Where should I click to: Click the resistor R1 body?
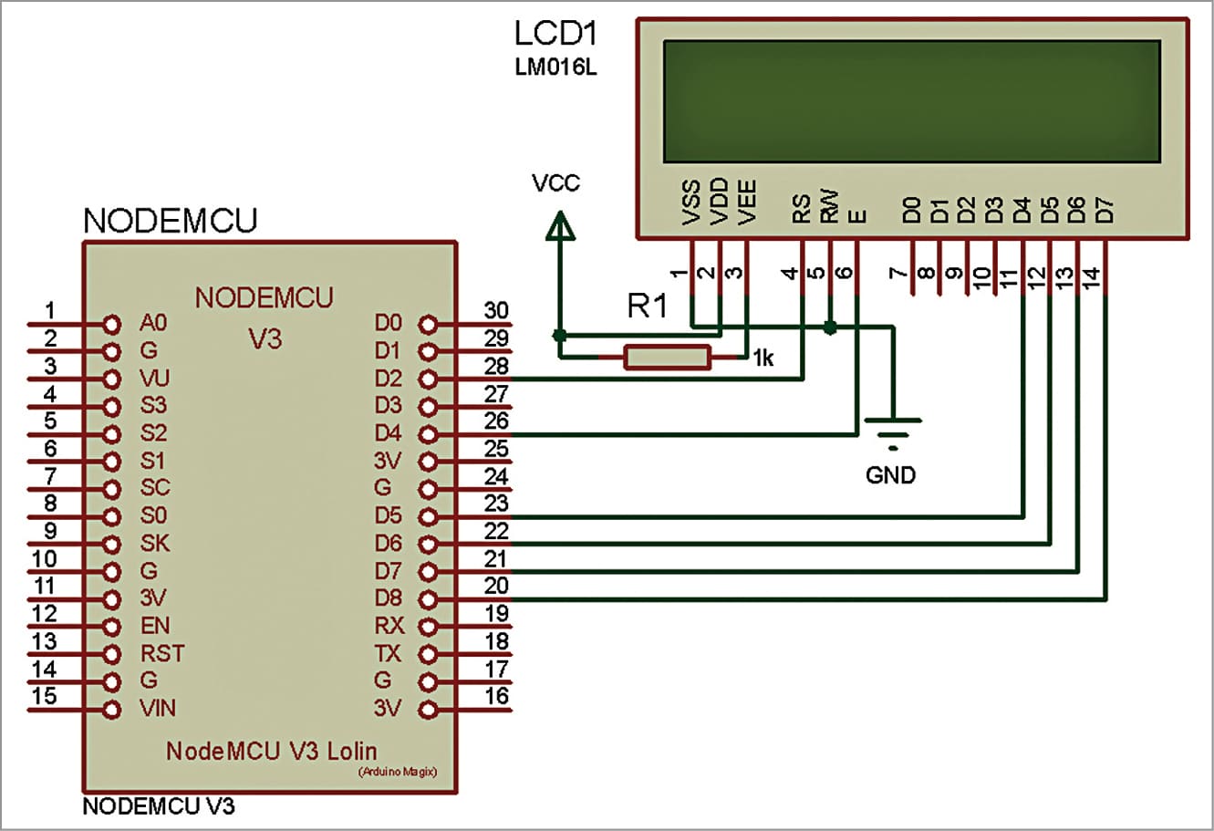coord(667,358)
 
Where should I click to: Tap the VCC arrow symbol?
coord(560,225)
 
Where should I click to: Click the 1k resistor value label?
coord(763,358)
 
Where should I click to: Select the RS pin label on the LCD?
coord(801,213)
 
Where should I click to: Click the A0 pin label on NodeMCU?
coord(153,323)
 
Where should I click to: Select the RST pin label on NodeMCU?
coord(162,653)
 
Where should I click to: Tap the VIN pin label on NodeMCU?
coord(158,708)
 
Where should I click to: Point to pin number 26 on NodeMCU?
coord(495,421)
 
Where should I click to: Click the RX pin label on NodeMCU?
coord(389,626)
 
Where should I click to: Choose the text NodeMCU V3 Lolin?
coord(271,751)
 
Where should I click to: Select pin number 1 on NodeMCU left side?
coord(50,310)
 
